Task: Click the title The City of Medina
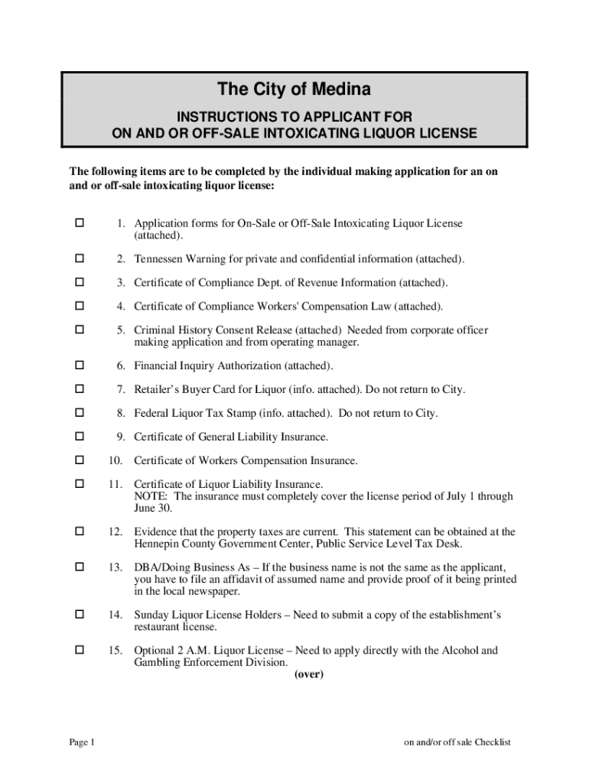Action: (x=294, y=89)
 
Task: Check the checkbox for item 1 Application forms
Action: (x=78, y=223)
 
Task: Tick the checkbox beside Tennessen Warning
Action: (x=78, y=258)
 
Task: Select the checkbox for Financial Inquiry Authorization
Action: (x=78, y=366)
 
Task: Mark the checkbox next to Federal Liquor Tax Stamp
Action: (x=78, y=413)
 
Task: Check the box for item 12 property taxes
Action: (x=78, y=531)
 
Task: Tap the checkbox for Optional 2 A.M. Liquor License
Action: (x=78, y=651)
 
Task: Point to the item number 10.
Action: (x=116, y=460)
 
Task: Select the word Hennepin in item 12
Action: (x=157, y=544)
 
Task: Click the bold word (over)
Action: (x=309, y=674)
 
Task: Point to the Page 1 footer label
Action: (x=82, y=742)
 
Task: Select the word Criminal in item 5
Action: (x=154, y=330)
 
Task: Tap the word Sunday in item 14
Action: (x=151, y=615)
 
